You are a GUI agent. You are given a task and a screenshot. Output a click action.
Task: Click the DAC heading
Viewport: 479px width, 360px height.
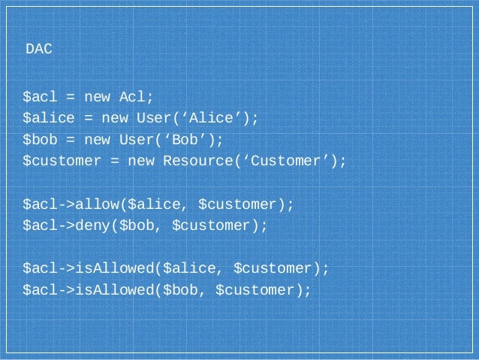tap(39, 50)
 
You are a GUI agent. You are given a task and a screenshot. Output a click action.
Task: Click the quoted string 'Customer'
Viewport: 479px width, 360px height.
tap(290, 162)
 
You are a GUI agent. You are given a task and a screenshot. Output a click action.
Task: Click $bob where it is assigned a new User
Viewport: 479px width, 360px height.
tap(41, 140)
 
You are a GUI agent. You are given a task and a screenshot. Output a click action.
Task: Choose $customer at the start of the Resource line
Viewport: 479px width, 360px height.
tap(63, 162)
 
